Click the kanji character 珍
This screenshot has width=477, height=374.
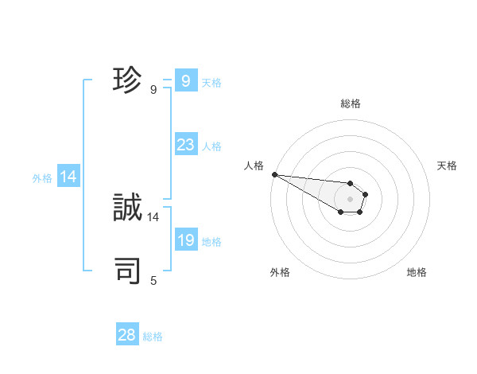127,81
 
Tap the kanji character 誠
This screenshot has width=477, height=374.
127,208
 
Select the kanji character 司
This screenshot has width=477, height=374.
127,271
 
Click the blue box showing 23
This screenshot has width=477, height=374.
185,145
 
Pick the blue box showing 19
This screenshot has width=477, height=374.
185,240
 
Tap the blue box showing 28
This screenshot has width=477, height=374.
127,334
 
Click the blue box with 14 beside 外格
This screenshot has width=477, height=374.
68,177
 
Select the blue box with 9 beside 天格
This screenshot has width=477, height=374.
185,81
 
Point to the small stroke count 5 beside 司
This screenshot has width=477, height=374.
153,280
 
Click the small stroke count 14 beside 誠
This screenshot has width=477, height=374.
153,216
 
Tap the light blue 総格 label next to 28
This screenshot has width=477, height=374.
153,337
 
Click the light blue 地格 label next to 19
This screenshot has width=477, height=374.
211,242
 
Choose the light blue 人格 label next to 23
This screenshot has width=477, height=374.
211,146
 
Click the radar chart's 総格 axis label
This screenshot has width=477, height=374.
350,103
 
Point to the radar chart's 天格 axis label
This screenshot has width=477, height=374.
447,166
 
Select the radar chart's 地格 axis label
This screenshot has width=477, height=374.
417,272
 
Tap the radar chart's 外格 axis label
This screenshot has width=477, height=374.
280,272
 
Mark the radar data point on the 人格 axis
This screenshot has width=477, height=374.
273,174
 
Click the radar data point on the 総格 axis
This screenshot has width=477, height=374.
350,184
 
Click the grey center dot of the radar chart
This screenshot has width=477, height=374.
350,199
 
